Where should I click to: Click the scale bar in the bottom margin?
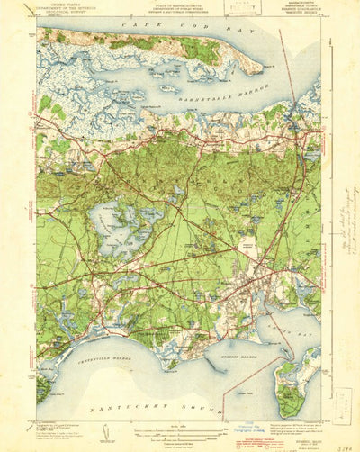(179, 430)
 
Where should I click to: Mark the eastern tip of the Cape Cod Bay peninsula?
(261, 65)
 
